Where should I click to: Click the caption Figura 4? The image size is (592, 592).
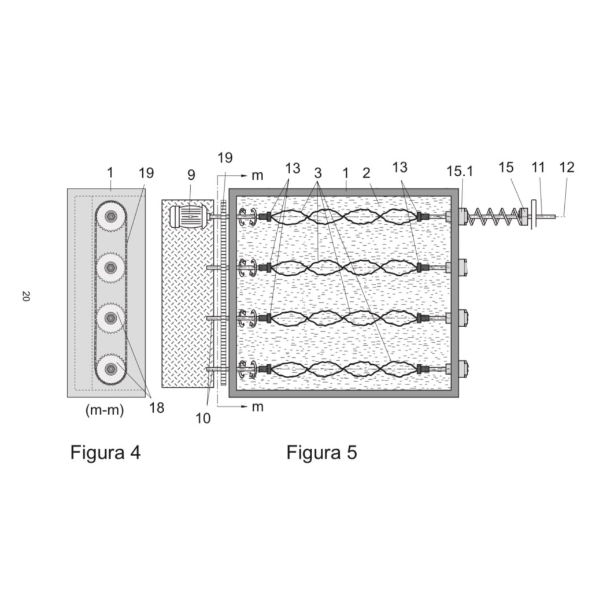coord(105,452)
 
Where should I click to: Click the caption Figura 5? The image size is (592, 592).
coord(321,452)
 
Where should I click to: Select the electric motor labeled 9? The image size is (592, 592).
coord(186,217)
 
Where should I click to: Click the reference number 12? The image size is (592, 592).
coord(567,168)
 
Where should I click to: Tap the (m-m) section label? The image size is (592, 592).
coord(105,411)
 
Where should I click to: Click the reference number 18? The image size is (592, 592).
coord(156,408)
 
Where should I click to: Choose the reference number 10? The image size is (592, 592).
coord(203,418)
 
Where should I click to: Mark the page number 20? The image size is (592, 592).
coord(25,297)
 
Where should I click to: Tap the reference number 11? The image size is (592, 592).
coord(538,168)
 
